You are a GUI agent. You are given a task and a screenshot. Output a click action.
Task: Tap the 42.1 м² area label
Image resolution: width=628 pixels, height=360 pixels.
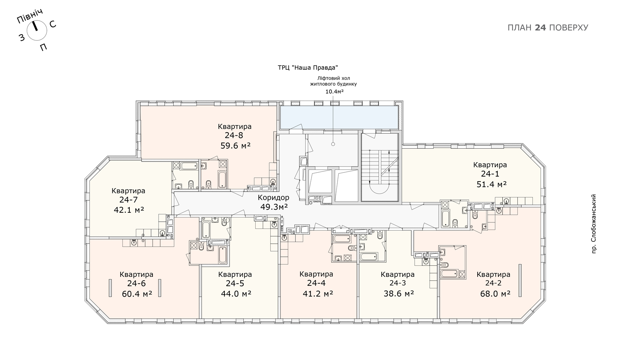tap(129, 210)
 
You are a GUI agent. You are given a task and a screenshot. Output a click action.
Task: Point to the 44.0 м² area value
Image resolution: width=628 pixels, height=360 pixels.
tap(236, 294)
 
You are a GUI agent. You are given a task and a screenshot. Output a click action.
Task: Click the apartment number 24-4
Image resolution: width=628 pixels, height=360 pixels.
tap(316, 283)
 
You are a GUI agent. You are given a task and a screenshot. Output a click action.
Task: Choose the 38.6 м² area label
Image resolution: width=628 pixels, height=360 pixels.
tap(399, 294)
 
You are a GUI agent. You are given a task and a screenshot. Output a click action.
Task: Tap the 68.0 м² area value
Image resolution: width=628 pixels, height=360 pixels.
tap(495, 294)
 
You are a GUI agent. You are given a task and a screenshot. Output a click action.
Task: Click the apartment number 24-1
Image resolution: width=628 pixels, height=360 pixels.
tap(490, 174)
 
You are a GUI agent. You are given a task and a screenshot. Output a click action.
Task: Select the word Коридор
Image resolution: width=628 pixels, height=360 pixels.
tap(274, 198)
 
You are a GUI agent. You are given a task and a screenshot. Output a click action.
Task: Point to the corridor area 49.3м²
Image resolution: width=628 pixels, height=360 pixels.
tap(274, 207)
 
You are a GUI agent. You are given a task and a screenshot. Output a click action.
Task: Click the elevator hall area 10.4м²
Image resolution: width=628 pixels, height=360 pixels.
tap(334, 92)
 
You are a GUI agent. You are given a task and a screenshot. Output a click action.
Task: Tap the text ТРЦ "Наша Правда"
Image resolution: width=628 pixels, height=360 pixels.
tap(308, 68)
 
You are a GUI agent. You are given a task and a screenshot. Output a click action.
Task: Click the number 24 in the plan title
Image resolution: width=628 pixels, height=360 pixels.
tap(540, 28)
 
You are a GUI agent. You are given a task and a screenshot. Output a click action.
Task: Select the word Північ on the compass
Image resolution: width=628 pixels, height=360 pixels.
tap(30, 16)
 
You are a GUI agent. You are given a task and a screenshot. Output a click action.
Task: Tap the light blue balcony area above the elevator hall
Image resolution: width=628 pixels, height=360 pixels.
tap(339, 117)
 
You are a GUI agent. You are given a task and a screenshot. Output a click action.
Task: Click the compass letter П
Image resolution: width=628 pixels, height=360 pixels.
tap(43, 47)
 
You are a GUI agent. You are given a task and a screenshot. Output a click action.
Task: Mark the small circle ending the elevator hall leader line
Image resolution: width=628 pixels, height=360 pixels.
tap(333, 144)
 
